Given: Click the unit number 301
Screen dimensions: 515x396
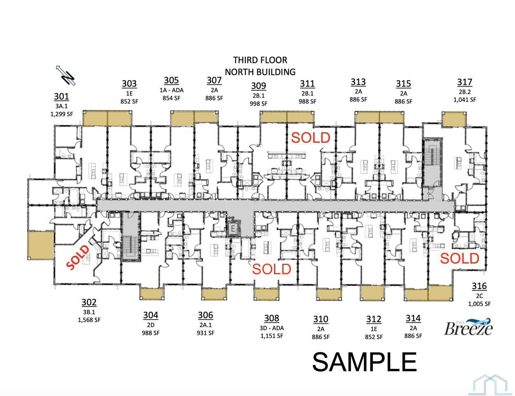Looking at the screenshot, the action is point(61,97).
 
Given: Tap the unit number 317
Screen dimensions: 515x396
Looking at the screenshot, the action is point(465,82).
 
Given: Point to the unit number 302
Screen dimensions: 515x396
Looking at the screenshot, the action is point(89,302).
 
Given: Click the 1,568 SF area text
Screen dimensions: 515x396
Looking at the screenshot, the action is point(89,320).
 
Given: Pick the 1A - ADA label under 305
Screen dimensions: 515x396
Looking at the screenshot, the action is point(172,90).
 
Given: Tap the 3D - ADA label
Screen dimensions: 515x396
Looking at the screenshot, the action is point(272,328).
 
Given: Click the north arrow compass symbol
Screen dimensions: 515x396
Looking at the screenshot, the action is point(66,75).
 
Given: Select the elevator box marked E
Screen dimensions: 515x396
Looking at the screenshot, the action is point(233,229).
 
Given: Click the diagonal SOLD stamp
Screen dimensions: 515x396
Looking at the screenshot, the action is point(78,257).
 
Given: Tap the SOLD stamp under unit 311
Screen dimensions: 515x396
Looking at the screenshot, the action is point(310,138).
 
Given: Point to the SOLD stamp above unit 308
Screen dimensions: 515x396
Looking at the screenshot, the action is point(272,269).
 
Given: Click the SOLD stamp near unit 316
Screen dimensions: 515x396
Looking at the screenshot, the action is point(460,258).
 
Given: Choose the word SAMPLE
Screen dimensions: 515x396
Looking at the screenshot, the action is point(364,362).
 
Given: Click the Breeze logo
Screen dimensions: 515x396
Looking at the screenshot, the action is point(468,327).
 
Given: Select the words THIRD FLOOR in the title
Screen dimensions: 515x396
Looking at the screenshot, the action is point(260,60).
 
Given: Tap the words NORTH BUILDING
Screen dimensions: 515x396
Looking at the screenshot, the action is point(260,72).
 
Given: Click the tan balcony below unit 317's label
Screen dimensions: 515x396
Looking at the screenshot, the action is point(454,119).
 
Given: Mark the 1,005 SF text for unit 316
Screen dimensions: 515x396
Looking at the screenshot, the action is point(479,304).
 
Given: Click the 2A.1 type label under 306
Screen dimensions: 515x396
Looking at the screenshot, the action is point(205,325).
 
